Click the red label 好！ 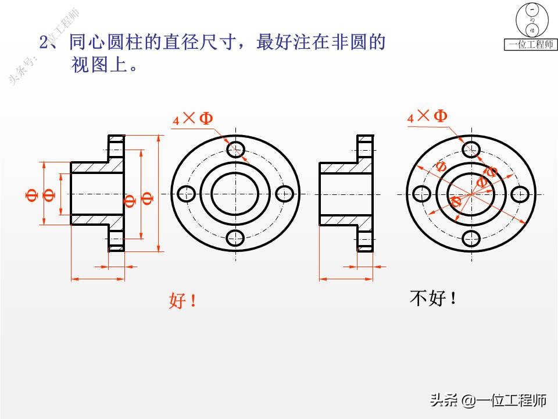183,301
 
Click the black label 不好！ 433,299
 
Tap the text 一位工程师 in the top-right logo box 530,45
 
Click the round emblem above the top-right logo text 530,20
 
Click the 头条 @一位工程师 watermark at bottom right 488,400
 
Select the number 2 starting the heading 44,42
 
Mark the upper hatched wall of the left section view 96,167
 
